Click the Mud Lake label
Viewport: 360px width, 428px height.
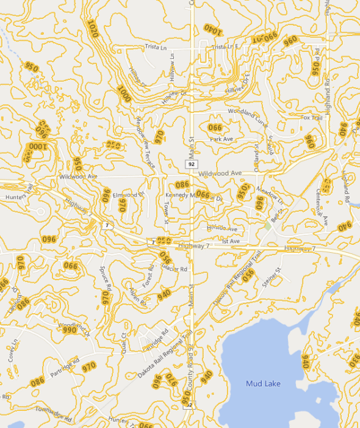point(263,383)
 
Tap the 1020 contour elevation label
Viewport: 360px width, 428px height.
point(93,29)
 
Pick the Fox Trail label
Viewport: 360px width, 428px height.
point(311,117)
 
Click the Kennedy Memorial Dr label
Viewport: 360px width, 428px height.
point(194,195)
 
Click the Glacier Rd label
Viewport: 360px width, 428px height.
point(175,267)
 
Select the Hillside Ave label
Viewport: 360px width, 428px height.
point(221,228)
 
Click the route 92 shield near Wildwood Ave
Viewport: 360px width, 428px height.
point(192,164)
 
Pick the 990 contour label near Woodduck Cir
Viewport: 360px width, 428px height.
point(69,330)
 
